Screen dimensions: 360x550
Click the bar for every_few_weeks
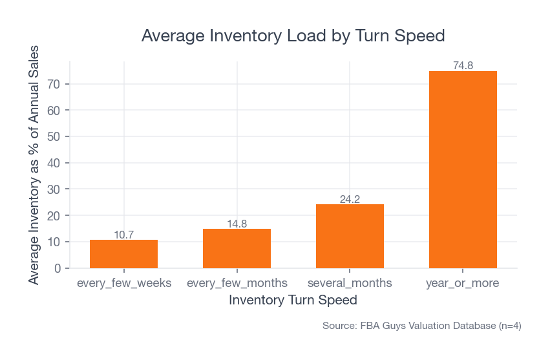coord(123,254)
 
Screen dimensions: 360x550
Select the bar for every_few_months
coord(237,249)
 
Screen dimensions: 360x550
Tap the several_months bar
coord(350,237)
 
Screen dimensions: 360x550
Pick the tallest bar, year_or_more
coord(463,169)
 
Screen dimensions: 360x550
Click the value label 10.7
coord(123,235)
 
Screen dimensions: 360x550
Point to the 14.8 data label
coord(237,224)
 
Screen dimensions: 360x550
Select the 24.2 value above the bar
coord(350,199)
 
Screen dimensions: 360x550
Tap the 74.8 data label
coord(463,65)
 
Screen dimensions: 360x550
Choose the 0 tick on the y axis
coord(58,268)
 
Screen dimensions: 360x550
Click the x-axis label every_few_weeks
coord(123,283)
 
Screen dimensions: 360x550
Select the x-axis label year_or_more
coord(463,283)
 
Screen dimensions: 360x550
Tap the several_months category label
coord(350,283)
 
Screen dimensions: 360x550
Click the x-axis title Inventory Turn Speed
coord(293,301)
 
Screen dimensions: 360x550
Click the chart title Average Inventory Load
coord(293,36)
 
